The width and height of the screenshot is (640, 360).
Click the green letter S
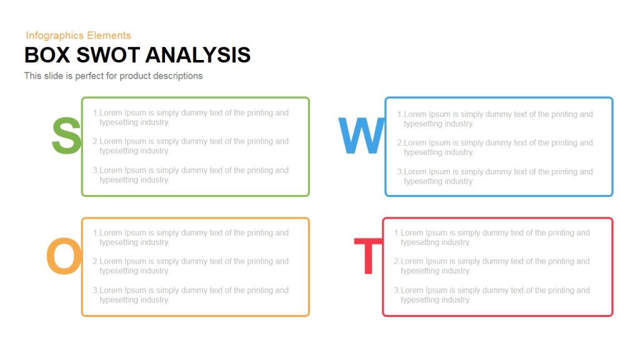click(x=66, y=136)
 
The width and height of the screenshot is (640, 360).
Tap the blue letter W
click(x=361, y=136)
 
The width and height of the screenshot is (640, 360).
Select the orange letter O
click(x=64, y=257)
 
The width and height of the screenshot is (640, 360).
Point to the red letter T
click(x=367, y=257)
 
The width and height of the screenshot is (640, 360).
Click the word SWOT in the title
click(x=108, y=55)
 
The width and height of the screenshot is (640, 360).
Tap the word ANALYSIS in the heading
click(x=197, y=55)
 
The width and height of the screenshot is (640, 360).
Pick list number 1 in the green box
click(x=96, y=113)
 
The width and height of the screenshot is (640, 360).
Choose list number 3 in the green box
click(x=96, y=170)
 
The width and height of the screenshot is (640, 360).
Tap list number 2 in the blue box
click(x=400, y=143)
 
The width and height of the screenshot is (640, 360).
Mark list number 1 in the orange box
click(x=96, y=233)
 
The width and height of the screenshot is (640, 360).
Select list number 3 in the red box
click(x=397, y=291)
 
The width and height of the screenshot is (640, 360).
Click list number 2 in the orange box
click(x=96, y=262)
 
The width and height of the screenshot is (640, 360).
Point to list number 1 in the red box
click(x=397, y=233)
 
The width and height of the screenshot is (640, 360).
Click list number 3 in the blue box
click(x=400, y=172)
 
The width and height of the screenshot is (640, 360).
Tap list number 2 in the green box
click(x=96, y=142)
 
